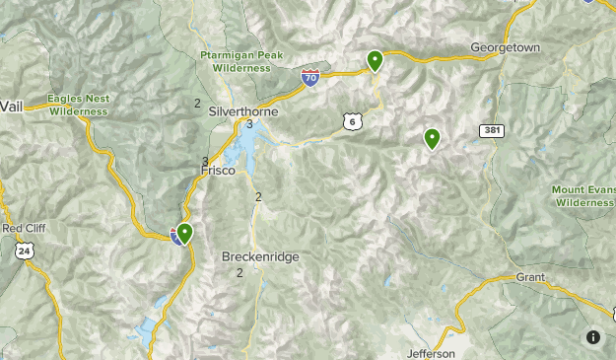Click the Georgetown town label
(505, 47)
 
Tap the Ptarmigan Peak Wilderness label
(235, 61)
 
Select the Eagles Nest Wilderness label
(77, 106)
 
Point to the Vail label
(11, 106)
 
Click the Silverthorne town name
(243, 111)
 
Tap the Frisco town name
(218, 171)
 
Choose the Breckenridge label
(259, 256)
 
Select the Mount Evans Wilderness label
(582, 195)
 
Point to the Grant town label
(530, 278)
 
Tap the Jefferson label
(431, 353)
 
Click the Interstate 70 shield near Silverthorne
(310, 77)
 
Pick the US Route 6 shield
(352, 120)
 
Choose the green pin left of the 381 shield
(432, 139)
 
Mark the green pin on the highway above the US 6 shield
(376, 61)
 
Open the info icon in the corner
(593, 337)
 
